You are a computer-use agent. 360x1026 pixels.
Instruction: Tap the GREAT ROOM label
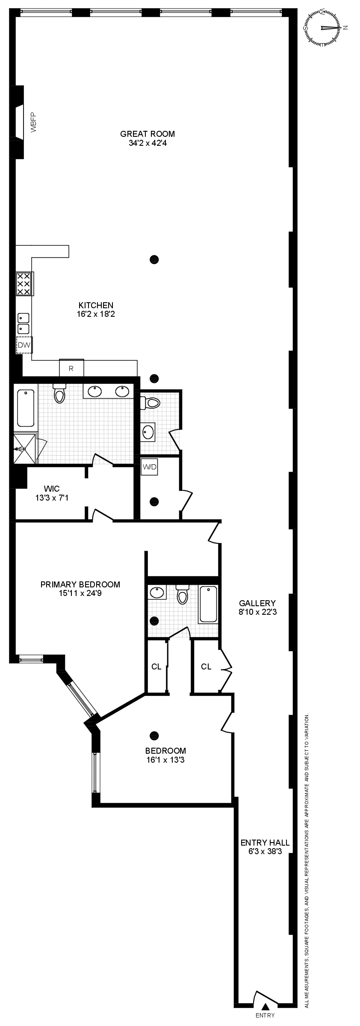click(148, 134)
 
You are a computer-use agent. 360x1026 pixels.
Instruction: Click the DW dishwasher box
click(24, 345)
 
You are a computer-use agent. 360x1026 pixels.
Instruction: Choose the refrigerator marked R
click(71, 369)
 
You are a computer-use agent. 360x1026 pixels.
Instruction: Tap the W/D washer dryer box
click(150, 467)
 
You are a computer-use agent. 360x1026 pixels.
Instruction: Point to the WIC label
click(52, 489)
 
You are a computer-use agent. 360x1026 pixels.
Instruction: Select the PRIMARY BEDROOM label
click(80, 584)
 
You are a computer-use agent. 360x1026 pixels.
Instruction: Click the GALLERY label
click(257, 603)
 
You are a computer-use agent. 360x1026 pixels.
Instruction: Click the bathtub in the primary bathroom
click(26, 408)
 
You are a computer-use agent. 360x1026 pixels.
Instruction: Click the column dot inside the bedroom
click(154, 735)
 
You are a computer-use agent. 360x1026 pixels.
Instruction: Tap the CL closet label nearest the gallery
click(206, 666)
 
